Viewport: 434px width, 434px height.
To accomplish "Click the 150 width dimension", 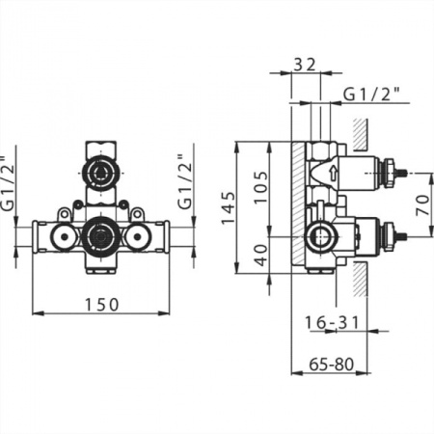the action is tap(101, 305).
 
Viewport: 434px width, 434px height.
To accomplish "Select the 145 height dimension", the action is tap(229, 207).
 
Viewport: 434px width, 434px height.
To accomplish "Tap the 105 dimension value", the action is tap(260, 187).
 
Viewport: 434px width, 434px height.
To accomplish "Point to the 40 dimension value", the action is tap(262, 256).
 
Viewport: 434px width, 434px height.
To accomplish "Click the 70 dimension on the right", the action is tap(422, 205).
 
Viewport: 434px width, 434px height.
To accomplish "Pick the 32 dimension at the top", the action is tap(305, 65).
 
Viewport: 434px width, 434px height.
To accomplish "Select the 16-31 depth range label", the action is tap(332, 322).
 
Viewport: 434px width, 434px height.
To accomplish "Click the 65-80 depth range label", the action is tap(331, 365).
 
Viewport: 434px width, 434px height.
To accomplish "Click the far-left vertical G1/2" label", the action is tap(8, 183).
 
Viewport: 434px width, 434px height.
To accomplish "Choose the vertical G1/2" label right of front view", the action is tap(185, 182).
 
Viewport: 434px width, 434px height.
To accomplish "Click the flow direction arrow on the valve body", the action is tap(334, 173).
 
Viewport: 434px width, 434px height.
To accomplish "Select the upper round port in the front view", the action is tap(101, 174).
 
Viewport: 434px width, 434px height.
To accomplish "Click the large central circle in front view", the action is tap(101, 237).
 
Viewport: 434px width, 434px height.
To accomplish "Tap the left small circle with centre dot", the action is tap(64, 237).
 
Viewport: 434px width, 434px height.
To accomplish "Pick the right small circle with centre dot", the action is tap(138, 237).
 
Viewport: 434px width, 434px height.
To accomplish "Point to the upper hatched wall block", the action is tap(360, 134).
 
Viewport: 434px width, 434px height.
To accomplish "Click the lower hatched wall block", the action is tap(360, 279).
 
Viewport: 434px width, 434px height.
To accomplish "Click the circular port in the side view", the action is tap(320, 237).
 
